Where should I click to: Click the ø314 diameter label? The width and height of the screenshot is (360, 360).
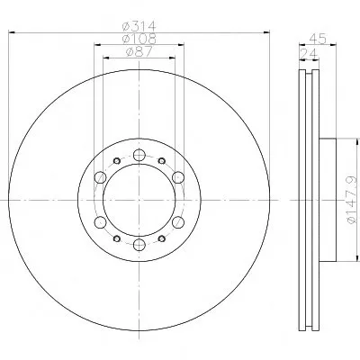tap(139, 26)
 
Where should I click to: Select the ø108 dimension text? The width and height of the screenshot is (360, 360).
tap(139, 39)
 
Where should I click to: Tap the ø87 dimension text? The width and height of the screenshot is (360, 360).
tap(139, 51)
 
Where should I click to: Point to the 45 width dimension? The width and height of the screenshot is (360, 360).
tap(318, 39)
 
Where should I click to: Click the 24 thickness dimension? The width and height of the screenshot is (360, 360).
tap(309, 54)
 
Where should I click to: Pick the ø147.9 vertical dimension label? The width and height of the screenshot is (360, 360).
tap(352, 200)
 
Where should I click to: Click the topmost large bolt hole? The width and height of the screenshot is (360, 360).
tap(139, 155)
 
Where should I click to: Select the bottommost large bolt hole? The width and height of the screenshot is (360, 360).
tap(139, 245)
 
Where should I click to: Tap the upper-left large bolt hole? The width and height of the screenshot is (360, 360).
tap(100, 177)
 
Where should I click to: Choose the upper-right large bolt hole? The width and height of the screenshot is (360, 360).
tap(178, 177)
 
